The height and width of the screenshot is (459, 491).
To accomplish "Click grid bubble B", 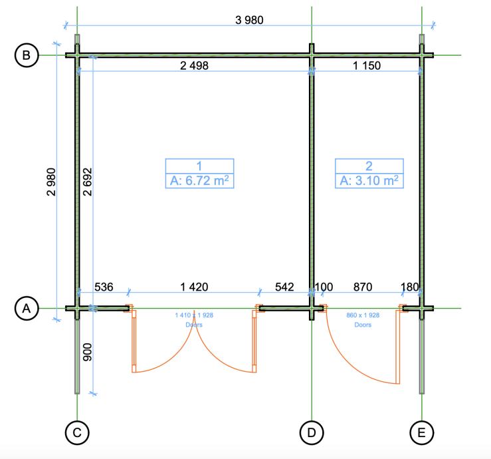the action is click(27, 55).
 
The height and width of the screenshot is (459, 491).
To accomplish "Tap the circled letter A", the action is click(27, 309).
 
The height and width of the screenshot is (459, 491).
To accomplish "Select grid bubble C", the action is click(77, 432).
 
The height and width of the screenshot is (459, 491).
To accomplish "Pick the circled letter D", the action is click(312, 432).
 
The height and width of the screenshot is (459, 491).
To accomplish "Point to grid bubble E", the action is click(422, 432).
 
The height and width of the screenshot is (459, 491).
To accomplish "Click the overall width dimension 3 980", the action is click(249, 20).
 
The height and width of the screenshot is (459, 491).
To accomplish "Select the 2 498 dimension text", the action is click(194, 66).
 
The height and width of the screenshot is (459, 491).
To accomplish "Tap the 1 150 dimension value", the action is click(367, 66).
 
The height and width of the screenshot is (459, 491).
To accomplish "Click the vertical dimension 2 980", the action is click(51, 182).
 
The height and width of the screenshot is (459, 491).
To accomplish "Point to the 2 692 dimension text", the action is click(87, 182).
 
